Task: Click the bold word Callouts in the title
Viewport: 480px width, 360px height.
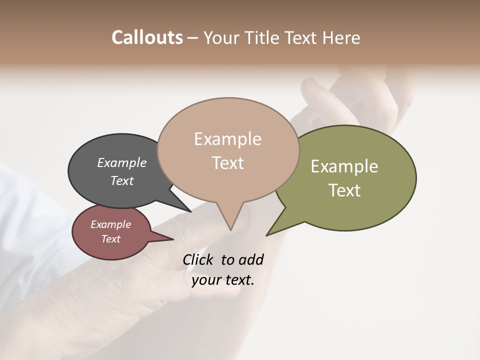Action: (x=147, y=37)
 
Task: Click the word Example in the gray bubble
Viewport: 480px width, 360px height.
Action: (x=121, y=163)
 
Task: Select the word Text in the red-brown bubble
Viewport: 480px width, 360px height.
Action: (x=110, y=239)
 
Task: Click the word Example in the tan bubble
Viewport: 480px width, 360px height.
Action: (x=227, y=139)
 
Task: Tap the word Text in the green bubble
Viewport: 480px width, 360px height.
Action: (x=344, y=190)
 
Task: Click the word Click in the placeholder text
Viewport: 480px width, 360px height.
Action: (x=199, y=259)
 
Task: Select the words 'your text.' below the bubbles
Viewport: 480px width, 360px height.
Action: (x=223, y=280)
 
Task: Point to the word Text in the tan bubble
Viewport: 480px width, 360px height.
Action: (x=227, y=163)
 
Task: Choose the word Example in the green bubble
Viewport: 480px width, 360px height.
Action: (x=344, y=166)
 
